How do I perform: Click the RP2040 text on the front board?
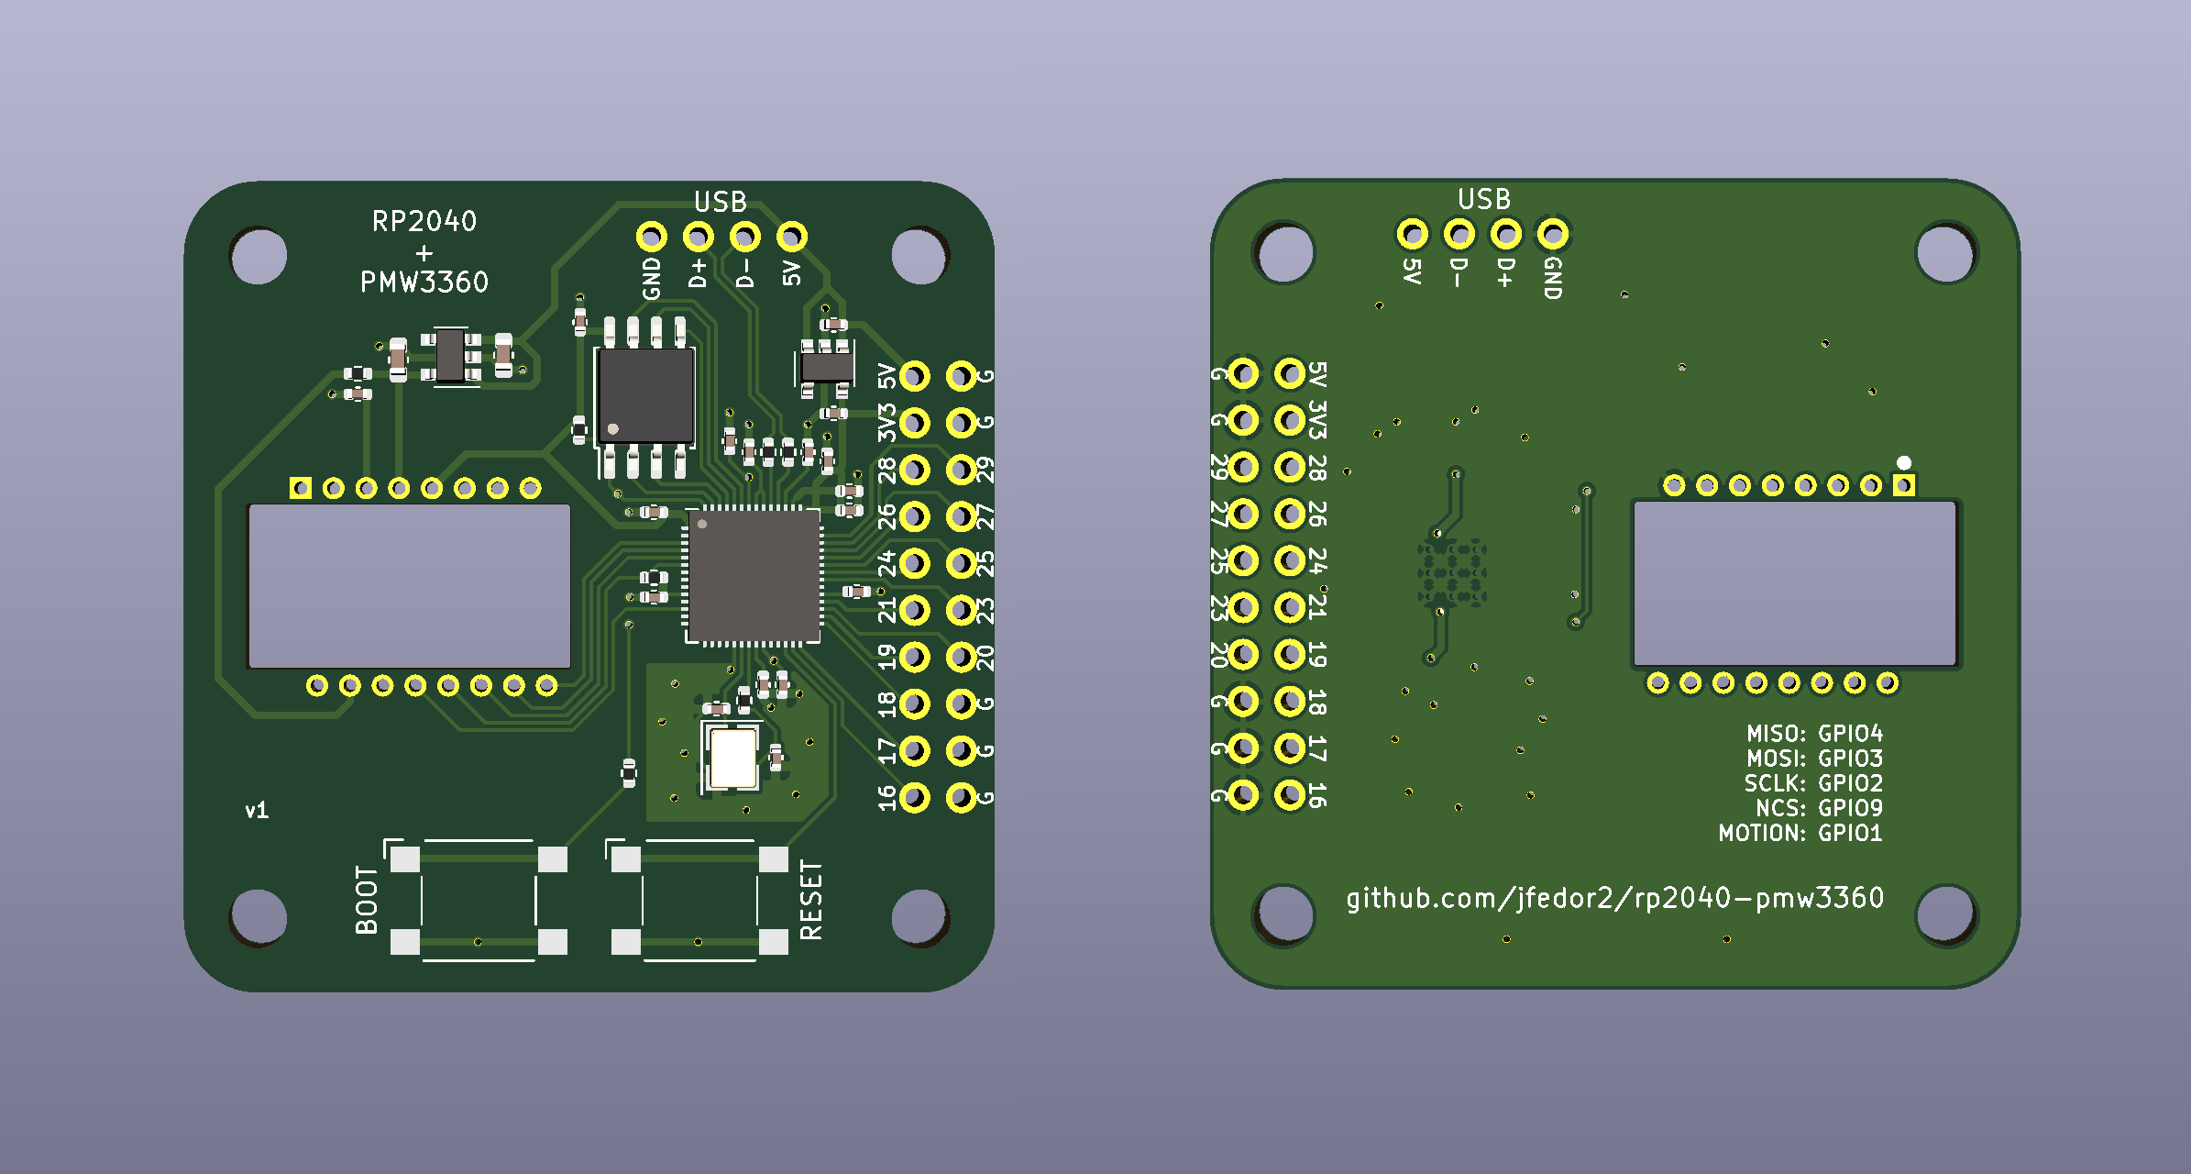point(424,221)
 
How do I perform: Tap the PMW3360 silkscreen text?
point(424,282)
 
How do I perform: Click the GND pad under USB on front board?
point(651,237)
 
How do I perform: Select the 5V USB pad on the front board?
point(791,237)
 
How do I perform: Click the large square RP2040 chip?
point(754,576)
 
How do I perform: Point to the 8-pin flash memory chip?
point(645,395)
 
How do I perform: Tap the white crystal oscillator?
point(732,758)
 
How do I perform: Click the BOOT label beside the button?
point(367,900)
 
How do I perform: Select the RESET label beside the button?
point(811,900)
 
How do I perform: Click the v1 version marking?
point(257,811)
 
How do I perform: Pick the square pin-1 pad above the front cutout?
point(300,488)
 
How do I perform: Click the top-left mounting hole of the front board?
point(259,256)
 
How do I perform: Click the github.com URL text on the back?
point(1614,897)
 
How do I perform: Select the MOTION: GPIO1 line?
point(1800,833)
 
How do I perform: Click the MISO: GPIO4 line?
point(1814,734)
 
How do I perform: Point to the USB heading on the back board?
point(1483,199)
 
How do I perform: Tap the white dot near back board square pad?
point(1904,462)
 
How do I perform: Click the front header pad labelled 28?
point(914,470)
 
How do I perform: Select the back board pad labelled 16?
point(1290,794)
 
